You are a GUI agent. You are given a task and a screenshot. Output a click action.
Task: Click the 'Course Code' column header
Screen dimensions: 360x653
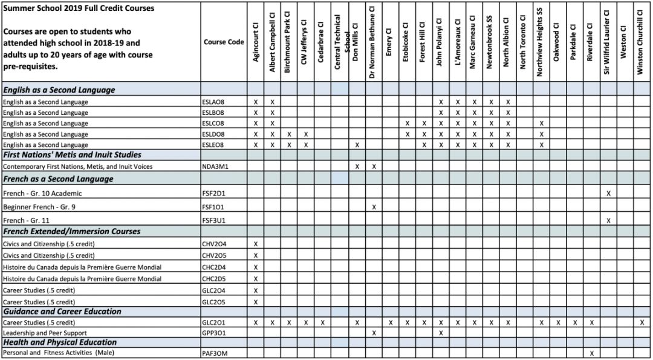point(224,42)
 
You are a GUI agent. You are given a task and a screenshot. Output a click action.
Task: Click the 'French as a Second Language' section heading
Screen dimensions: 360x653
point(58,179)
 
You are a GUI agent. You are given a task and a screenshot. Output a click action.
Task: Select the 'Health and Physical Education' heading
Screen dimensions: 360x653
point(60,342)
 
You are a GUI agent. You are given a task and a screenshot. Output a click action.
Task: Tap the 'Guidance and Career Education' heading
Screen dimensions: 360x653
point(62,312)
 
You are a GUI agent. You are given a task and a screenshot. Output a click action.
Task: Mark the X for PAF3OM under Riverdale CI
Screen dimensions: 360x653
point(591,353)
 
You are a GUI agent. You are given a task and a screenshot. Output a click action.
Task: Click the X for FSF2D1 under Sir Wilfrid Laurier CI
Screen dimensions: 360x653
point(608,194)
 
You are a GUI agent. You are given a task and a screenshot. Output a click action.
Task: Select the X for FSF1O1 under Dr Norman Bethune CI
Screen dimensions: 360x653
point(374,207)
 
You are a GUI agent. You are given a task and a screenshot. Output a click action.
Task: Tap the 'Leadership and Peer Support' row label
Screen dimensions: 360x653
point(45,333)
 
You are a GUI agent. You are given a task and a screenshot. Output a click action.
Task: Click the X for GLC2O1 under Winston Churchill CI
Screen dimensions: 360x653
point(642,322)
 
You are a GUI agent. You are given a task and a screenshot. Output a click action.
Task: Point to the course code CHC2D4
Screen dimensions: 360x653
point(214,267)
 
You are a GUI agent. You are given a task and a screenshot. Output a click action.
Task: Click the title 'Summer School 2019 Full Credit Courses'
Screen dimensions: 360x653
point(79,8)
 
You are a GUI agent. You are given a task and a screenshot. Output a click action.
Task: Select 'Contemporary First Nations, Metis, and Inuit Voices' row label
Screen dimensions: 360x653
point(77,166)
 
